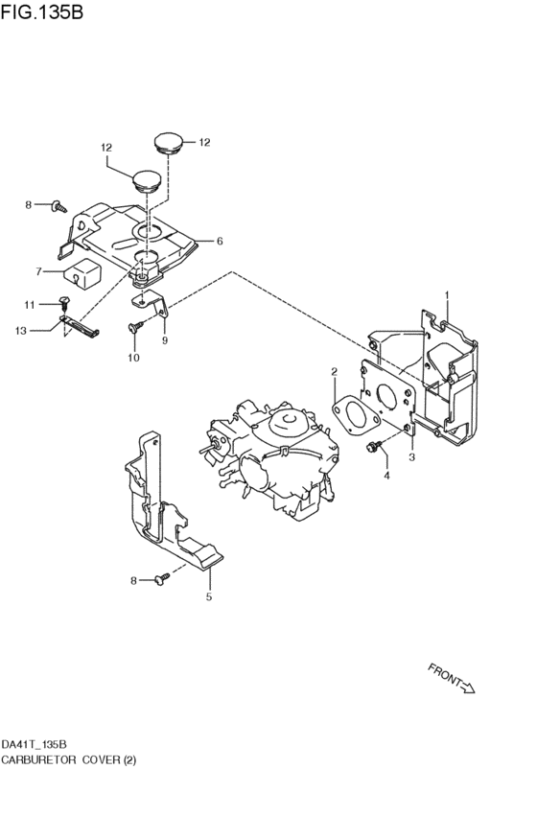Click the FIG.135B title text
click(x=41, y=12)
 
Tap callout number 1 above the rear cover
click(x=447, y=295)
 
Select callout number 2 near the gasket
click(x=334, y=372)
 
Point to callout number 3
click(x=412, y=457)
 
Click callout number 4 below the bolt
click(x=386, y=476)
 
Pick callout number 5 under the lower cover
click(x=209, y=597)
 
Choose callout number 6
click(x=220, y=241)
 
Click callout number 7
click(x=38, y=271)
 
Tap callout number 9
click(x=165, y=340)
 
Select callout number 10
click(x=133, y=358)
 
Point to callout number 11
click(x=29, y=304)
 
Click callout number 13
click(x=21, y=331)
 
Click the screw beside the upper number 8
click(x=59, y=206)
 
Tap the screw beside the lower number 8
click(x=162, y=578)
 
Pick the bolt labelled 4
click(x=375, y=446)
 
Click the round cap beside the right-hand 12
click(x=169, y=143)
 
